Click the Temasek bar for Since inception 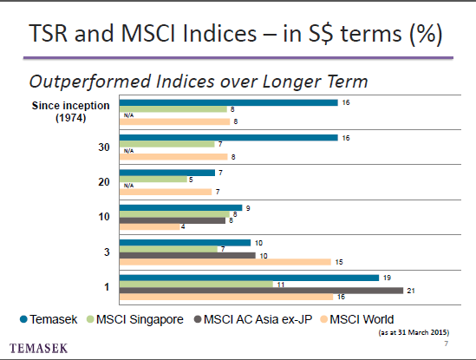tap(229, 102)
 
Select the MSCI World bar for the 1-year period tap(226, 297)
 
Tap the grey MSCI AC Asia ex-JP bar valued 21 tap(261, 291)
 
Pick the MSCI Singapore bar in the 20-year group tap(153, 180)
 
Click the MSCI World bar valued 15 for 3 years tap(225, 262)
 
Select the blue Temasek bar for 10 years tap(181, 208)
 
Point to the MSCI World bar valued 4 tap(150, 226)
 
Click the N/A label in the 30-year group tap(128, 151)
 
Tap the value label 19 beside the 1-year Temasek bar tap(387, 278)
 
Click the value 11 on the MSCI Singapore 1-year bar tap(281, 285)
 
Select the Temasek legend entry tap(49, 319)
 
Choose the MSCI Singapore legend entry tap(135, 319)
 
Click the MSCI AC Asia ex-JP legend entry tap(253, 319)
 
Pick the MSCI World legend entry tap(357, 319)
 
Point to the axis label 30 tap(104, 147)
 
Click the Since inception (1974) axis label tap(71, 112)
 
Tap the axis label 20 tap(104, 182)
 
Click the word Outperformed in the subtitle tap(90, 82)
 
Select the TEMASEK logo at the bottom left tap(38, 348)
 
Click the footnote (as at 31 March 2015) tap(414, 332)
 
